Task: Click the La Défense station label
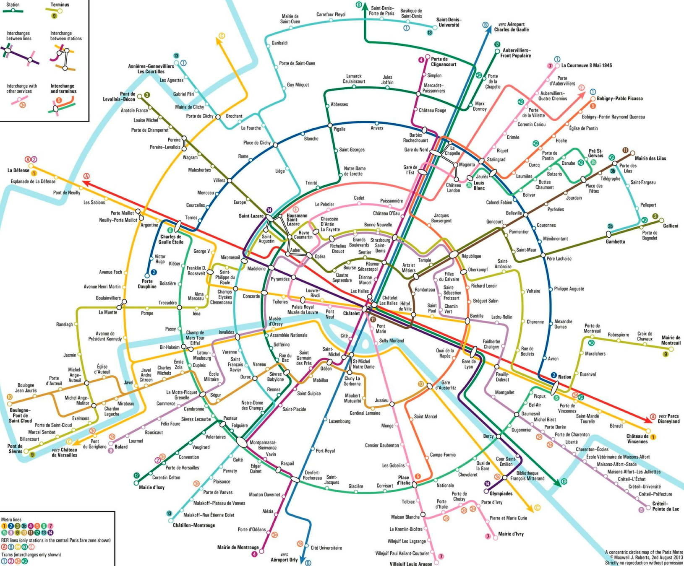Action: tap(18, 170)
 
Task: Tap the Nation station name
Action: tap(564, 376)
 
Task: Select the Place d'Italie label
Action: tap(403, 480)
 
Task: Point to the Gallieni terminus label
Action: tap(671, 226)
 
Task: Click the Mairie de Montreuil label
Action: tap(671, 340)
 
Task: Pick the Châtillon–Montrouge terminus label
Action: tap(194, 525)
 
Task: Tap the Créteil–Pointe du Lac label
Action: tap(666, 506)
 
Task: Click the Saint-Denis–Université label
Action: tap(449, 22)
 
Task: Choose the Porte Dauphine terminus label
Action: tap(147, 284)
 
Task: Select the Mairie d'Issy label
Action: tap(152, 487)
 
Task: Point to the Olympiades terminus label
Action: tap(501, 493)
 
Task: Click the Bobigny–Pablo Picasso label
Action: tap(620, 99)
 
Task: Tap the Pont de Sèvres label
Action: tap(15, 449)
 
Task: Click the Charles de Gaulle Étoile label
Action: tap(171, 239)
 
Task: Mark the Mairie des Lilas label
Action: tap(650, 158)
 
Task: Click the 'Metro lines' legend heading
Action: tap(11, 519)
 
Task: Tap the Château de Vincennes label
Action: tap(637, 439)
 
